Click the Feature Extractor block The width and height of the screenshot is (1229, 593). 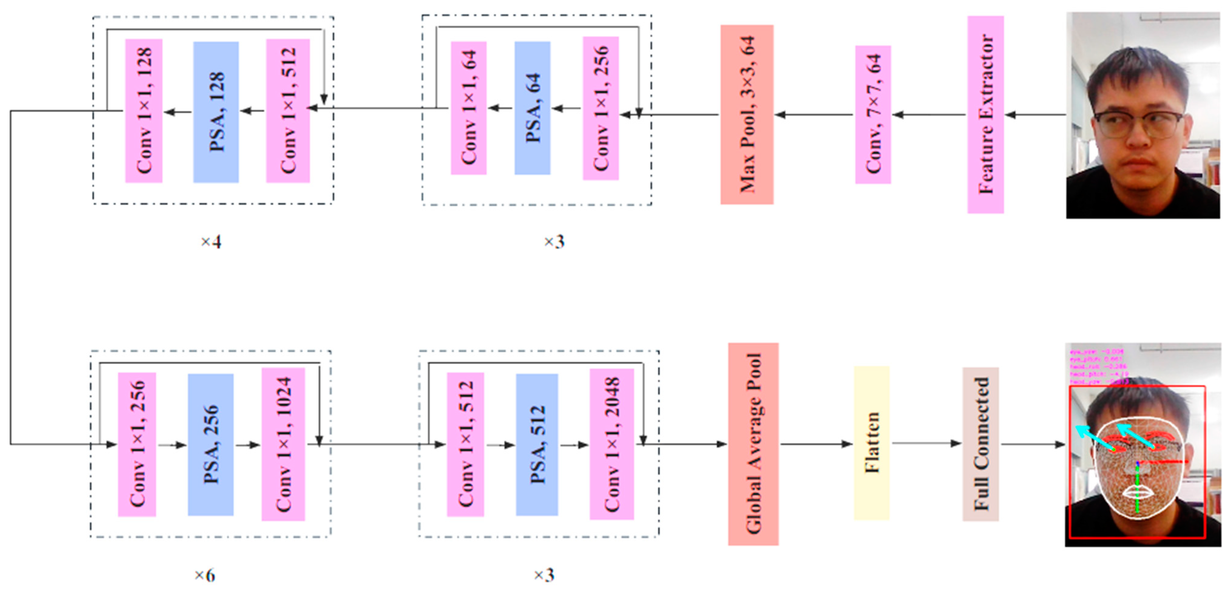pos(985,114)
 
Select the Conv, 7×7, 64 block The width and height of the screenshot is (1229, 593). pos(873,114)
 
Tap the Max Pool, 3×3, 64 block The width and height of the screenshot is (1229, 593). pos(747,114)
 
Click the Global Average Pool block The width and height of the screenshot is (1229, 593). pos(753,444)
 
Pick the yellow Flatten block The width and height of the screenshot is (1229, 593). pos(871,443)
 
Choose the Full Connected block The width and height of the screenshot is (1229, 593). pos(980,444)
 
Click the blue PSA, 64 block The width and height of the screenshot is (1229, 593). pos(532,108)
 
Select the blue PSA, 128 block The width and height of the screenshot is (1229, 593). pos(216,112)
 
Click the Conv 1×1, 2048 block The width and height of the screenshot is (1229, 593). pos(612,444)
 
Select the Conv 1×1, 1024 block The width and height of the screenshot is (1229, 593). pos(283,444)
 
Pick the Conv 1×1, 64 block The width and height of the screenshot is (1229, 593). pos(469,108)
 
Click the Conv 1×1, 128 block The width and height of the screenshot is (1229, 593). pos(144,111)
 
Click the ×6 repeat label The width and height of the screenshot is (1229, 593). pos(205,575)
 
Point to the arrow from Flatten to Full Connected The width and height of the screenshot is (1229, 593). pos(926,444)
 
